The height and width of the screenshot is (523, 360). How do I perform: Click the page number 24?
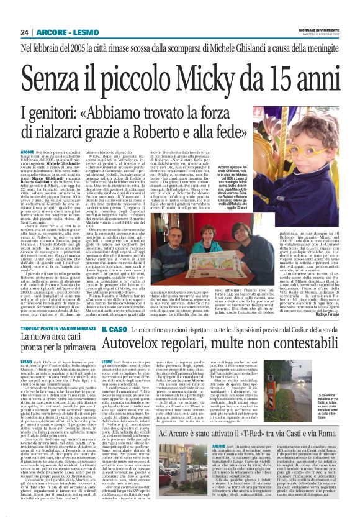click(26, 32)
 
